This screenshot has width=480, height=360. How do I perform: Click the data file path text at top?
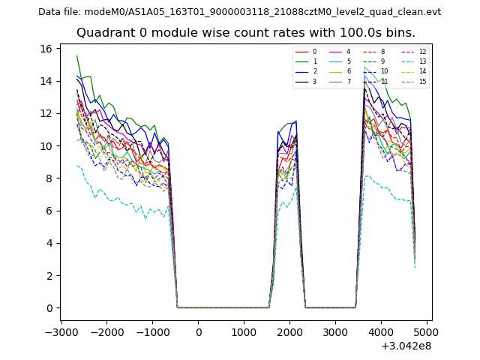239,11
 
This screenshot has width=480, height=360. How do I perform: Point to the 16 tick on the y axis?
46,49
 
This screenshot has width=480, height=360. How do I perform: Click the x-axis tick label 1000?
244,333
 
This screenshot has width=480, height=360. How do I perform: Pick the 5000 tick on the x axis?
427,333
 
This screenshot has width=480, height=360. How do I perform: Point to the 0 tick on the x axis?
198,333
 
